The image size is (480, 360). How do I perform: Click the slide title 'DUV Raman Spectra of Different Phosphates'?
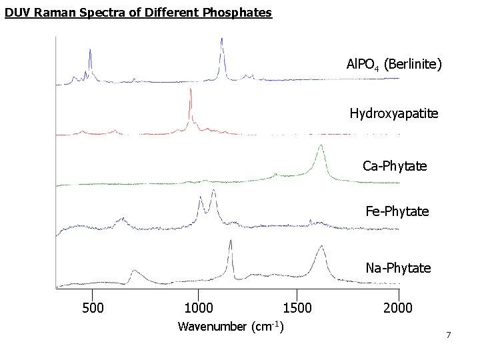[x=138, y=13]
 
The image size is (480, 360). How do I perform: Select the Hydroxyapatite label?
[x=394, y=113]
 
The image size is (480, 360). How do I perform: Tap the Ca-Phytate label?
[x=395, y=165]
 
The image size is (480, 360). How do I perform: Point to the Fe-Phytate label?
[x=397, y=212]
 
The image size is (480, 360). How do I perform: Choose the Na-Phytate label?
[x=398, y=268]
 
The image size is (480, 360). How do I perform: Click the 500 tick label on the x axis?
[x=93, y=307]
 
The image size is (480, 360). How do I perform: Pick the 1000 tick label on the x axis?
[x=198, y=307]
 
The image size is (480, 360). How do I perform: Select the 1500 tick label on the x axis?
[x=297, y=307]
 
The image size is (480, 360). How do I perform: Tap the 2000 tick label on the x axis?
[x=398, y=307]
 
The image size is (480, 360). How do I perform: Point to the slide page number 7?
[x=449, y=335]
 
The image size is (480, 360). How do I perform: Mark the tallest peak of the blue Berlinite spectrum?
[x=221, y=40]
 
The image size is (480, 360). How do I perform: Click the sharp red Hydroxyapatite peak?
[x=191, y=91]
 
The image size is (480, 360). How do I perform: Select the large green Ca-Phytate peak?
[x=321, y=146]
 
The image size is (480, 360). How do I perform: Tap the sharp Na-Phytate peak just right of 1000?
[x=230, y=242]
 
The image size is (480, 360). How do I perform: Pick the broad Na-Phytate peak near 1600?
[x=321, y=247]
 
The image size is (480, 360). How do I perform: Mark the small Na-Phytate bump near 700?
[x=134, y=271]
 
